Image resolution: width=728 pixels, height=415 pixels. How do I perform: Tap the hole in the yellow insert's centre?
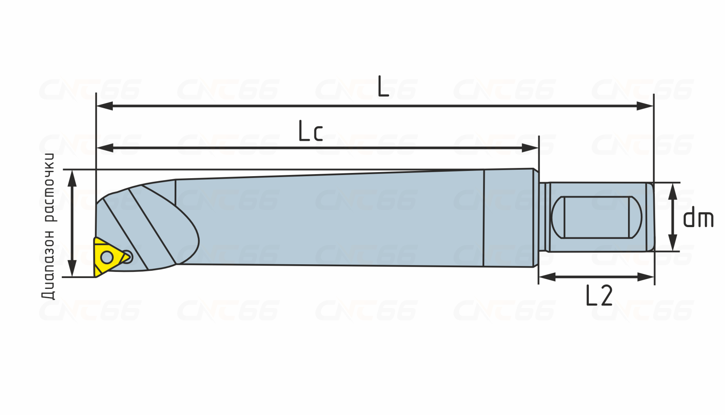107,257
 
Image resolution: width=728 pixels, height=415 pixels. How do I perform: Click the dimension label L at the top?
383,86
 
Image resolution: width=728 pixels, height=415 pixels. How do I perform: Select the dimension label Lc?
311,131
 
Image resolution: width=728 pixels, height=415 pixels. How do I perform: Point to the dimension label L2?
599,295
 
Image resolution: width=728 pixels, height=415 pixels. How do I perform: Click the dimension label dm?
698,218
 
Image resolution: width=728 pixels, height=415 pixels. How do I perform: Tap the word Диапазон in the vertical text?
48,264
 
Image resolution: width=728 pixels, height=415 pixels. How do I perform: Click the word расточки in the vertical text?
48,187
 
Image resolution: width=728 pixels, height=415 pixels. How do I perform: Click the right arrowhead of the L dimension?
645,106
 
